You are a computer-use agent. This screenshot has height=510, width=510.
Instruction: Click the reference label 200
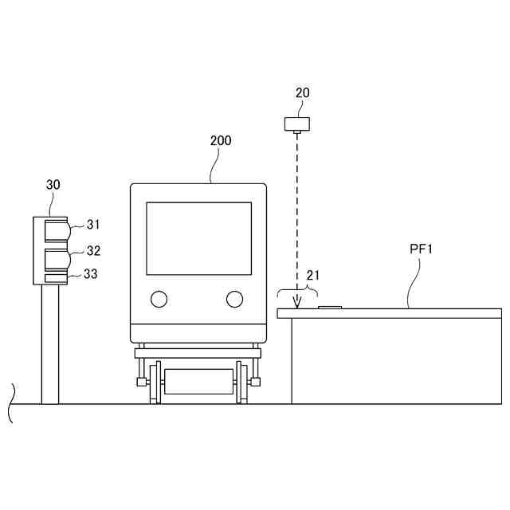point(221,140)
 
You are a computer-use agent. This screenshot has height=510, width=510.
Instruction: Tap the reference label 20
point(302,92)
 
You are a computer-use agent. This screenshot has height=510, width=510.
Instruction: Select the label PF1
point(421,249)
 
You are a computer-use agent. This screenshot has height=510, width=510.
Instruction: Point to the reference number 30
point(53,185)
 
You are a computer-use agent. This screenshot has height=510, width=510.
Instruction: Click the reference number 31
point(93,225)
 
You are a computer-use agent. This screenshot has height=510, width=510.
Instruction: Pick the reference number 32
point(93,251)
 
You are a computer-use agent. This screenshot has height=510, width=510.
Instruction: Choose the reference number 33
point(90,274)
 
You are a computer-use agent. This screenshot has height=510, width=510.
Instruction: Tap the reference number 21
point(313,276)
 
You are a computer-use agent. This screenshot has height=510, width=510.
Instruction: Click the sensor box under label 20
point(297,124)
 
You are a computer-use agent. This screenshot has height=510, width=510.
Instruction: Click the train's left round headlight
point(159,299)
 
